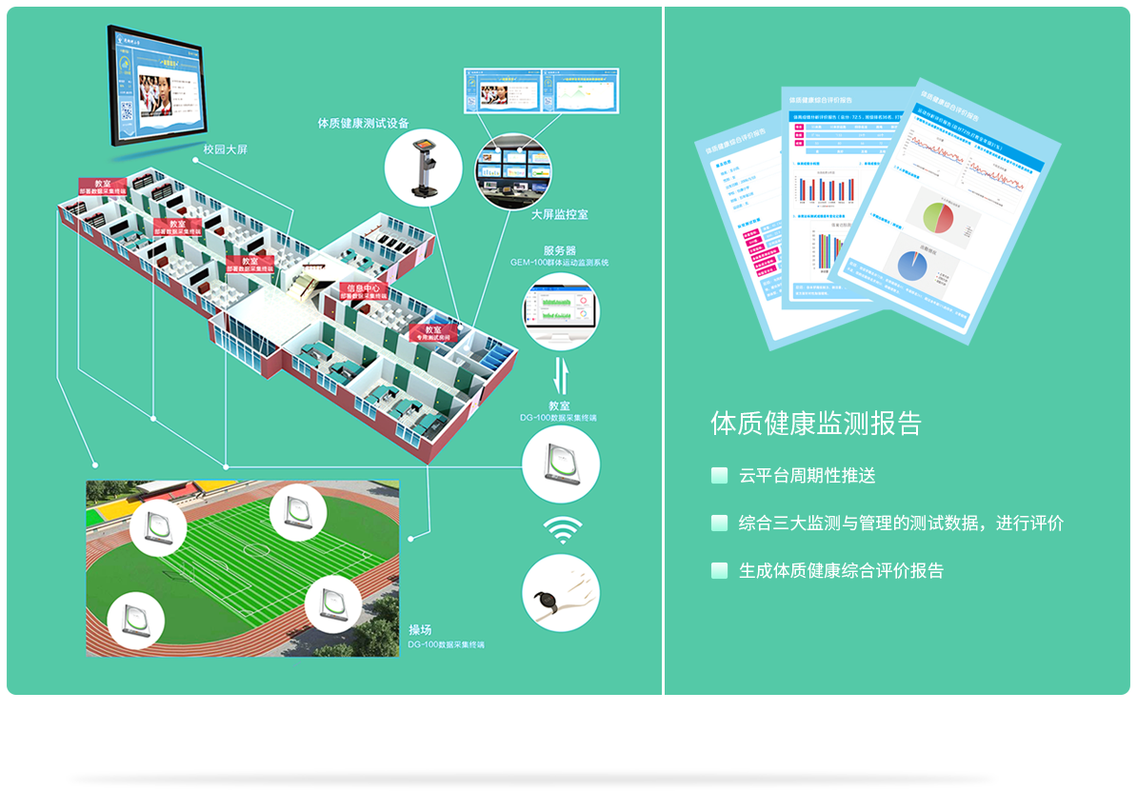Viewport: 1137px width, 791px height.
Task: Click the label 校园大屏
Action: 226,149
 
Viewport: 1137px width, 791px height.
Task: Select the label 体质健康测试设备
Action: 363,123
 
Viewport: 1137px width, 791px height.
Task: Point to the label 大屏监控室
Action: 559,215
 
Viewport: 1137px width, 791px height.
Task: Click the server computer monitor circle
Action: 561,311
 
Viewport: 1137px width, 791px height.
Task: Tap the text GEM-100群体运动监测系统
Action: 559,262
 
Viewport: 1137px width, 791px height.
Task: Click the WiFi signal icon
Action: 563,529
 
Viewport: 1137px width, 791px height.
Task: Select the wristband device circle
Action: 561,593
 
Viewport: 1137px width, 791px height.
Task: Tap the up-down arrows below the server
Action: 562,374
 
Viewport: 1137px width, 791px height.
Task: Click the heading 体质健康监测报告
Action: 815,424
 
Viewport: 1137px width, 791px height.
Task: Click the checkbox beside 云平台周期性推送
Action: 720,475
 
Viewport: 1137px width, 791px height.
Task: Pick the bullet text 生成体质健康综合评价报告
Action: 841,571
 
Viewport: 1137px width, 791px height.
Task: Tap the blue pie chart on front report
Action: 910,266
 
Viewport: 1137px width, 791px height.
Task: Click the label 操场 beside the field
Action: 420,630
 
